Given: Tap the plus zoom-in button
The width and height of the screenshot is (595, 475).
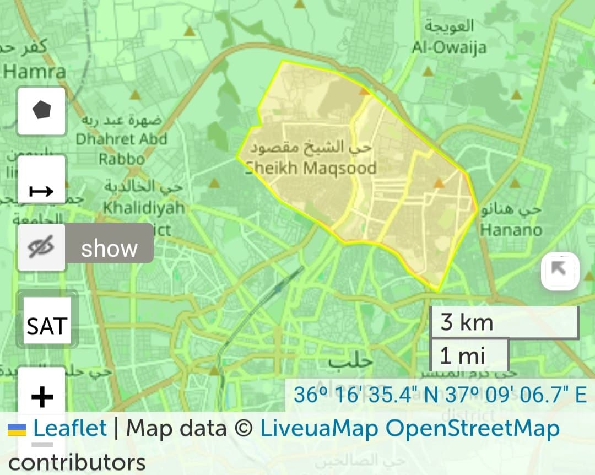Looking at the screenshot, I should pyautogui.click(x=42, y=396).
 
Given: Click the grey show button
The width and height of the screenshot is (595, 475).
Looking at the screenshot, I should pyautogui.click(x=109, y=249).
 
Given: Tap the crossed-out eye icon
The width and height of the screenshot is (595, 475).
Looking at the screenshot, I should pyautogui.click(x=42, y=248).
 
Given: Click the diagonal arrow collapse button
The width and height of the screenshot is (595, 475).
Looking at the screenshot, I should pyautogui.click(x=560, y=270).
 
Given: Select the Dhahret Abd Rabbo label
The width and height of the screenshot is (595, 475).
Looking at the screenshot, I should pyautogui.click(x=121, y=139).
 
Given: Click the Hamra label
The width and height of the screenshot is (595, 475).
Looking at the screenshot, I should pyautogui.click(x=34, y=71).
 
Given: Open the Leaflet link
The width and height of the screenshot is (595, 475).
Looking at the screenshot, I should pyautogui.click(x=70, y=428).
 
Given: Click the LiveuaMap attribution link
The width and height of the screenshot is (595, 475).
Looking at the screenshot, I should pyautogui.click(x=319, y=428).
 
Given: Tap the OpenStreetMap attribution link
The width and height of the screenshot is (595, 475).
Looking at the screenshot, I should pyautogui.click(x=472, y=428).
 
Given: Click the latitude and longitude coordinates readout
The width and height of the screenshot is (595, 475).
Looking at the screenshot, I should pyautogui.click(x=440, y=395).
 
